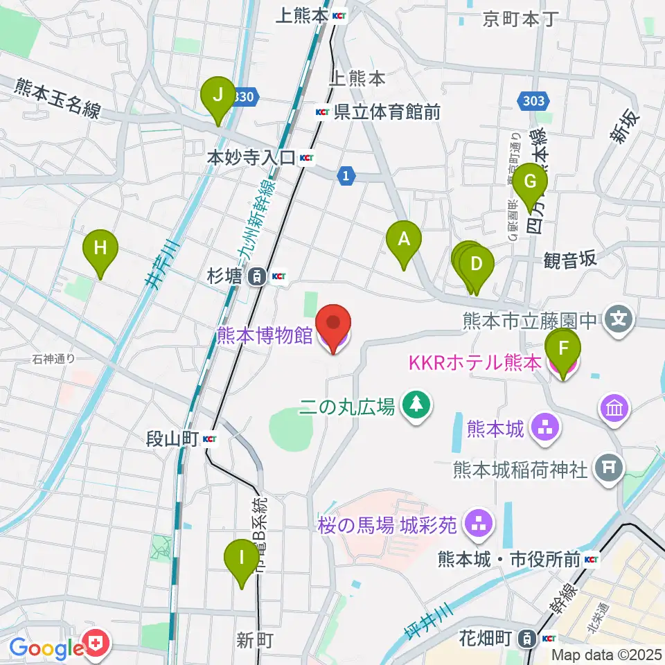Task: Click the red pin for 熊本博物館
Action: click(333, 325)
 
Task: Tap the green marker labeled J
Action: click(218, 96)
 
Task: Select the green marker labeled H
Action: click(100, 249)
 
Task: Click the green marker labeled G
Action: click(531, 182)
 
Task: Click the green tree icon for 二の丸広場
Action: click(416, 405)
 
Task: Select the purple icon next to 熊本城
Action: click(544, 429)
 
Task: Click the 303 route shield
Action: click(530, 101)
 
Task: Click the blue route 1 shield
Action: click(344, 177)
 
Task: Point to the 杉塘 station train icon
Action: click(257, 277)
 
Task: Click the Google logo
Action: click(47, 648)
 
